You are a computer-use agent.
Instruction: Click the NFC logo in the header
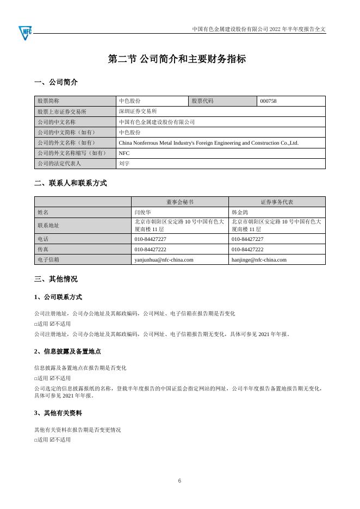25,32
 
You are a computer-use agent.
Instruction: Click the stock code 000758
269,101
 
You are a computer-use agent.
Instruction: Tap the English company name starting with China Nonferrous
208,143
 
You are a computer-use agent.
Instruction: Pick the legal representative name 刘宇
125,163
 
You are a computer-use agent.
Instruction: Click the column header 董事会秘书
179,202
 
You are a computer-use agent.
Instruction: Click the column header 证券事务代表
277,202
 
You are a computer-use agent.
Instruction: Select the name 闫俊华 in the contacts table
142,212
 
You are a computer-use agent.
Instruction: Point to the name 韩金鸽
240,212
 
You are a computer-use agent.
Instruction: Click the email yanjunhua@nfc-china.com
164,260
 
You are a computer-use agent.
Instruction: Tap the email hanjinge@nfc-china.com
259,260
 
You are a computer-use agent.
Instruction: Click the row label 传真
42,250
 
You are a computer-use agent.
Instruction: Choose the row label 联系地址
47,226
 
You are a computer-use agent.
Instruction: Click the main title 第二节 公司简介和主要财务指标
177,59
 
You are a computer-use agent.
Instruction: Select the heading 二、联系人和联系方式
70,183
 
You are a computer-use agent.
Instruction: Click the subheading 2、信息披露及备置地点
67,352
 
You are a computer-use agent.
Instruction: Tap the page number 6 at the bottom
179,481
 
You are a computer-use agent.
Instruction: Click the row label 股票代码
202,101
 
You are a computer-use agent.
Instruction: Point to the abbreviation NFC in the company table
124,153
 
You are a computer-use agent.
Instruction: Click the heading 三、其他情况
55,279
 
